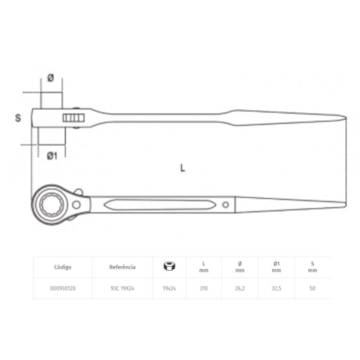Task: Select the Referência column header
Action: (x=122, y=267)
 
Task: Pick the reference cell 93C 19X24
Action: (x=122, y=289)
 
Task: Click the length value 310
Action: (x=203, y=289)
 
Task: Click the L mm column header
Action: (x=203, y=267)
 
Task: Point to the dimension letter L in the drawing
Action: (x=182, y=167)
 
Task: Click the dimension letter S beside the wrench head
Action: (x=16, y=118)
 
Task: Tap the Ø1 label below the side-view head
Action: (x=52, y=155)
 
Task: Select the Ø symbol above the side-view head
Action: (x=49, y=77)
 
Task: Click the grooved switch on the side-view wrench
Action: (x=75, y=118)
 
